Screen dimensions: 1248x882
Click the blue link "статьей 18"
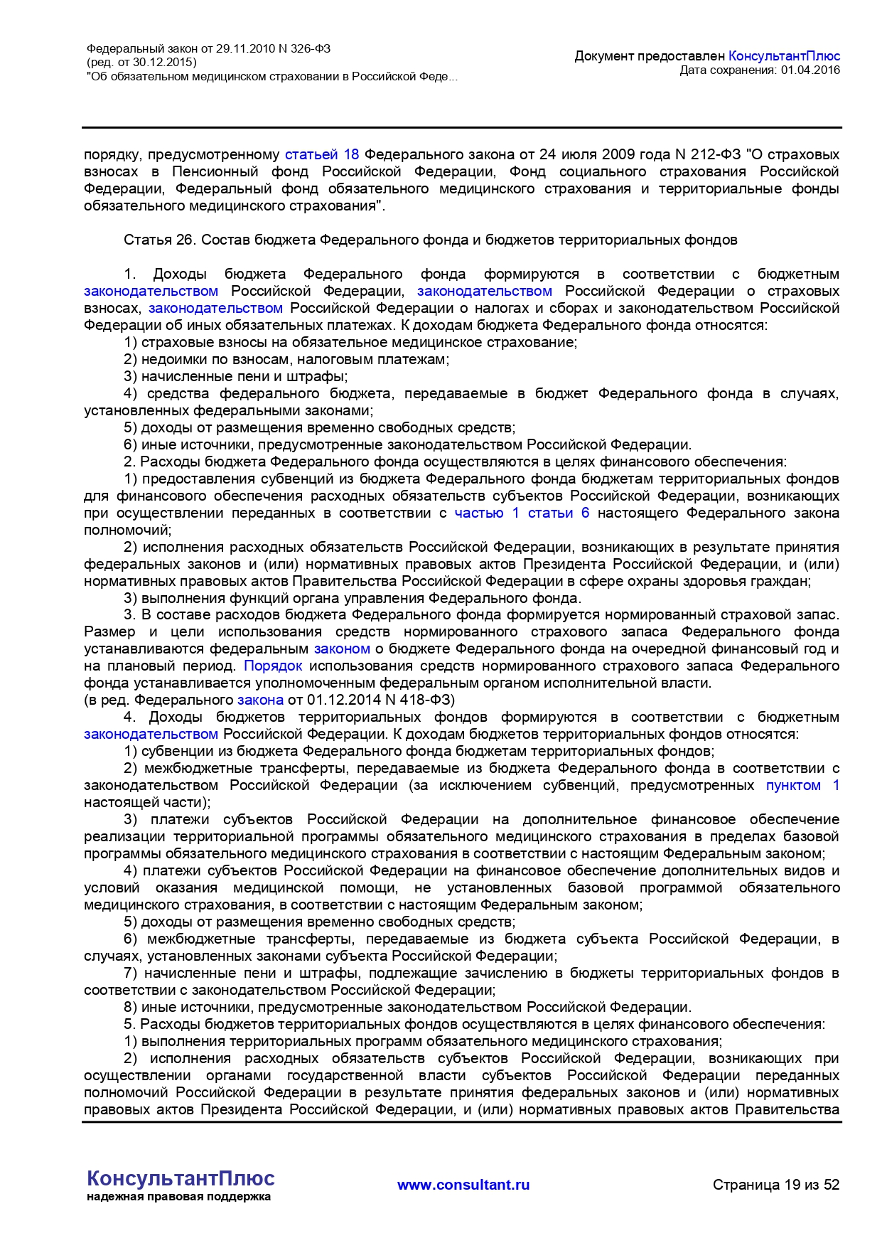322,154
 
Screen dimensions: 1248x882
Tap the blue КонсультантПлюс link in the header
784,55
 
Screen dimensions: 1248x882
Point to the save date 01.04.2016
810,70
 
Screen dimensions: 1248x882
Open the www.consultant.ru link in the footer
463,1185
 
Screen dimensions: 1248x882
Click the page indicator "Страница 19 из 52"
776,1185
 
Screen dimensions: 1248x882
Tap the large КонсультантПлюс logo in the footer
181,1178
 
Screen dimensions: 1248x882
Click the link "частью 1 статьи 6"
522,513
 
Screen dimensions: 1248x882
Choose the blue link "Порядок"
273,666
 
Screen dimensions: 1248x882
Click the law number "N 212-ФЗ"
707,154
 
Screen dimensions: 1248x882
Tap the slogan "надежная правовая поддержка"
178,1197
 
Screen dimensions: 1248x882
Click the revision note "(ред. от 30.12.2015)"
141,63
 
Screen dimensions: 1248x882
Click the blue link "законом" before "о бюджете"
342,649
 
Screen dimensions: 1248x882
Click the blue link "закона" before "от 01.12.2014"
260,700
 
